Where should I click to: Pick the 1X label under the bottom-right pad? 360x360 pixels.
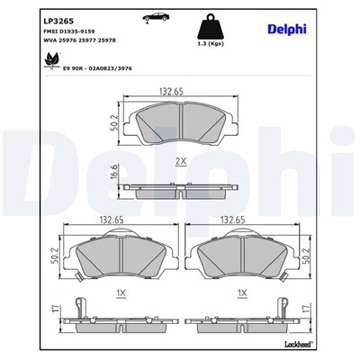point(241,292)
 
